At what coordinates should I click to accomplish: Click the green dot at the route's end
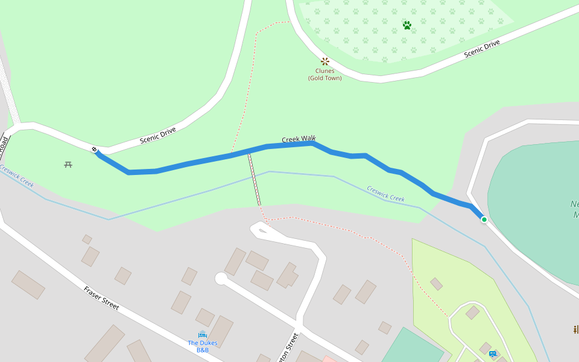484,220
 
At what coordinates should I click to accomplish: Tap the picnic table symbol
68,164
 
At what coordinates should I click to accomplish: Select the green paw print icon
407,25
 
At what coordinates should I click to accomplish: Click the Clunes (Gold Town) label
324,74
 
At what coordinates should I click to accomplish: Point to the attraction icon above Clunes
324,61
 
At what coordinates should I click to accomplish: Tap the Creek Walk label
299,139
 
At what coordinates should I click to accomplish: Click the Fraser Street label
101,298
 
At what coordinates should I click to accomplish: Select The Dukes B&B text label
203,346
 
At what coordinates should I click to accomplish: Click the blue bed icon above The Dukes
203,335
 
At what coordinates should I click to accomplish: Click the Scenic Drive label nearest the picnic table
157,135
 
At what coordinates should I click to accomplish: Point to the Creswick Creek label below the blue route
385,194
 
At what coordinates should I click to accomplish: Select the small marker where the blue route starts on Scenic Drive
95,149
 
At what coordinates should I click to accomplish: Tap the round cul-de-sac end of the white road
221,279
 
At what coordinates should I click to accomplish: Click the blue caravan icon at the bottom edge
493,354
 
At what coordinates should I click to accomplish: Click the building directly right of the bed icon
220,331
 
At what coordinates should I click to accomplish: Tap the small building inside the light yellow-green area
436,284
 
